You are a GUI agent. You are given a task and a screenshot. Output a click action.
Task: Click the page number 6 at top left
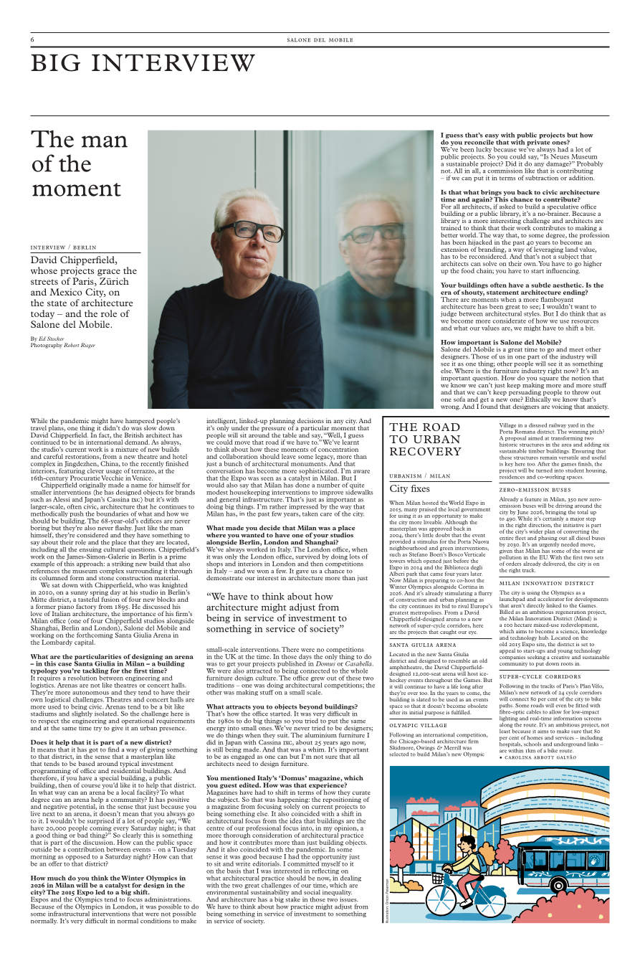(x=32, y=39)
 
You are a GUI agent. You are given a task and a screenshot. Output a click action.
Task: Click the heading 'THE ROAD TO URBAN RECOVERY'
(x=425, y=439)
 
